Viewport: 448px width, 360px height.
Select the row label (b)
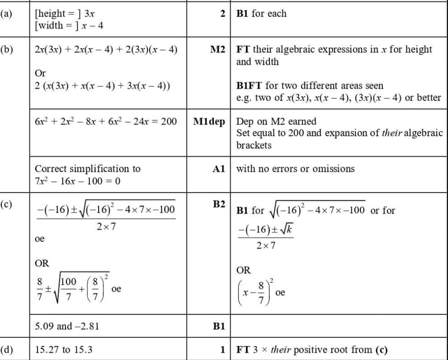pos(6,49)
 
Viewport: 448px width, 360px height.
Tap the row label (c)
pos(6,204)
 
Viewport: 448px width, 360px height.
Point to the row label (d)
pos(6,350)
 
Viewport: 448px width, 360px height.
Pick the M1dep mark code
pos(209,122)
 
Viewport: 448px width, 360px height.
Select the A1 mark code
pos(218,169)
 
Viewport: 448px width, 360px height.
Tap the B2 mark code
pos(219,204)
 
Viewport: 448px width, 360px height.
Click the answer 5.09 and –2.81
pos(67,326)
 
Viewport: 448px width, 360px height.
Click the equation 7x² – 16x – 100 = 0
pos(77,181)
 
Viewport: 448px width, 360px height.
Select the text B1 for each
pos(261,14)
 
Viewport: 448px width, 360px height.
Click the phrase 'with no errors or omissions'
pos(295,169)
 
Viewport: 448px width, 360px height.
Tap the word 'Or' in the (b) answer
pos(40,73)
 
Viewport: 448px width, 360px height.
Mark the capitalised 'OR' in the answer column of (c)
pos(42,263)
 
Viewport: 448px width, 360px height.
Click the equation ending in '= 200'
pos(105,122)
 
